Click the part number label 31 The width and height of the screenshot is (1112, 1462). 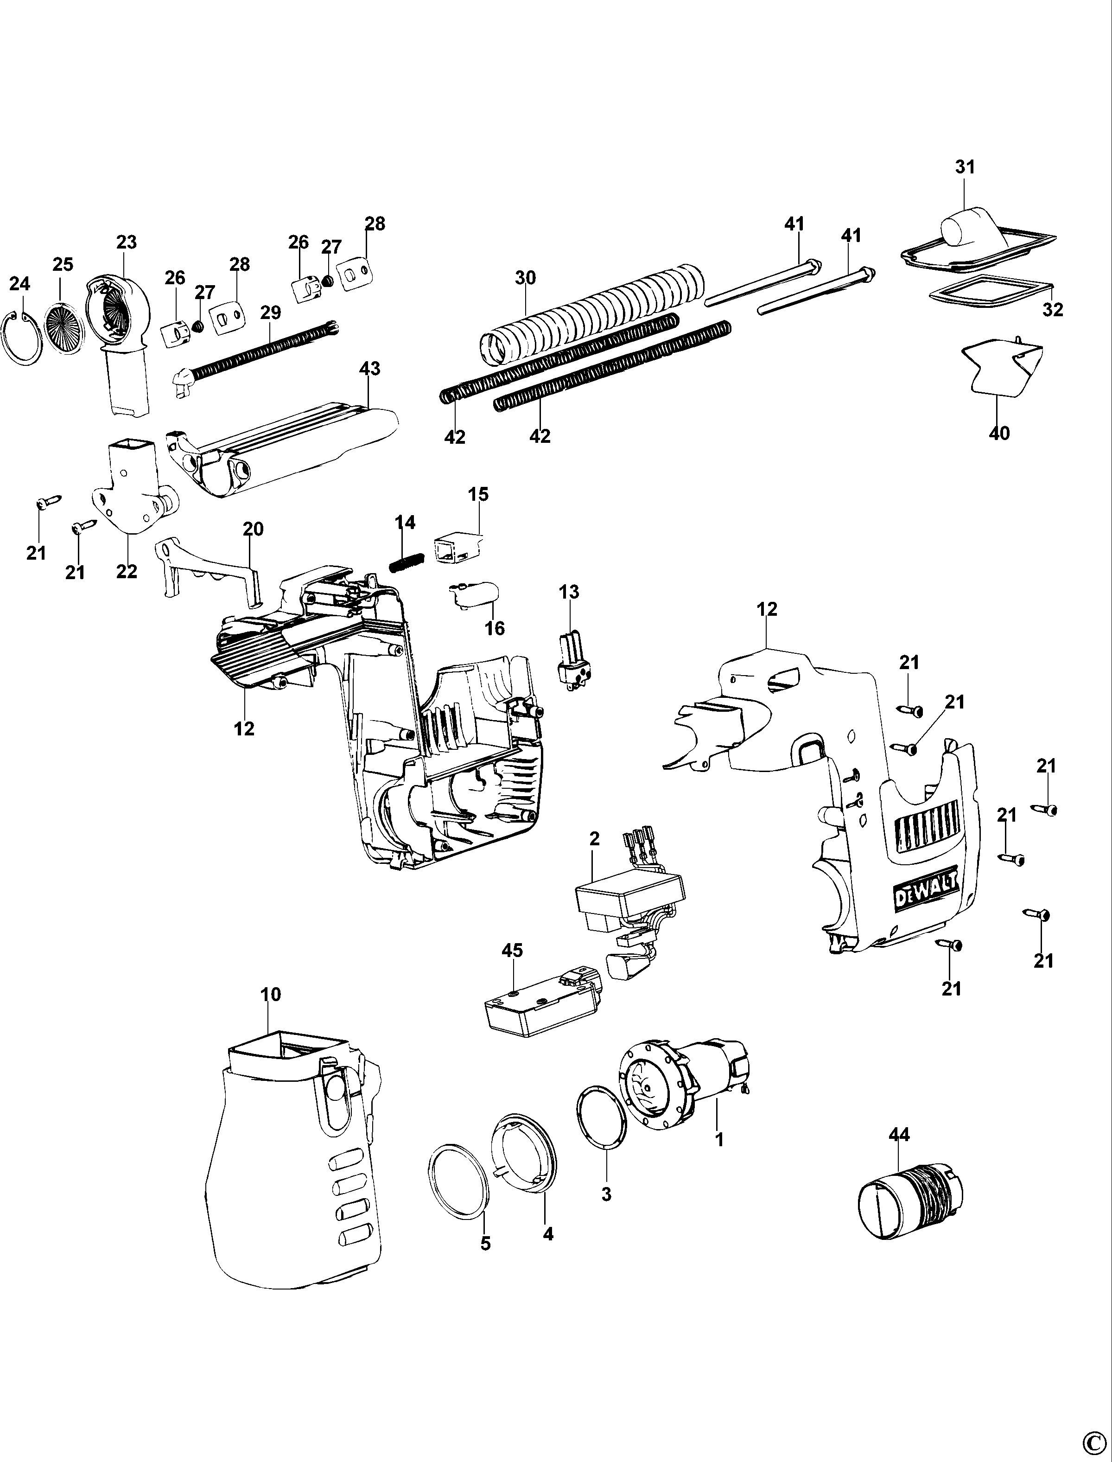(965, 167)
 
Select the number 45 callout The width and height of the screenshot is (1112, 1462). (512, 950)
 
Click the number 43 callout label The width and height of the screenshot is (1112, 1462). (369, 368)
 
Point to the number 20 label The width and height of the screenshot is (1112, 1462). (253, 529)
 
